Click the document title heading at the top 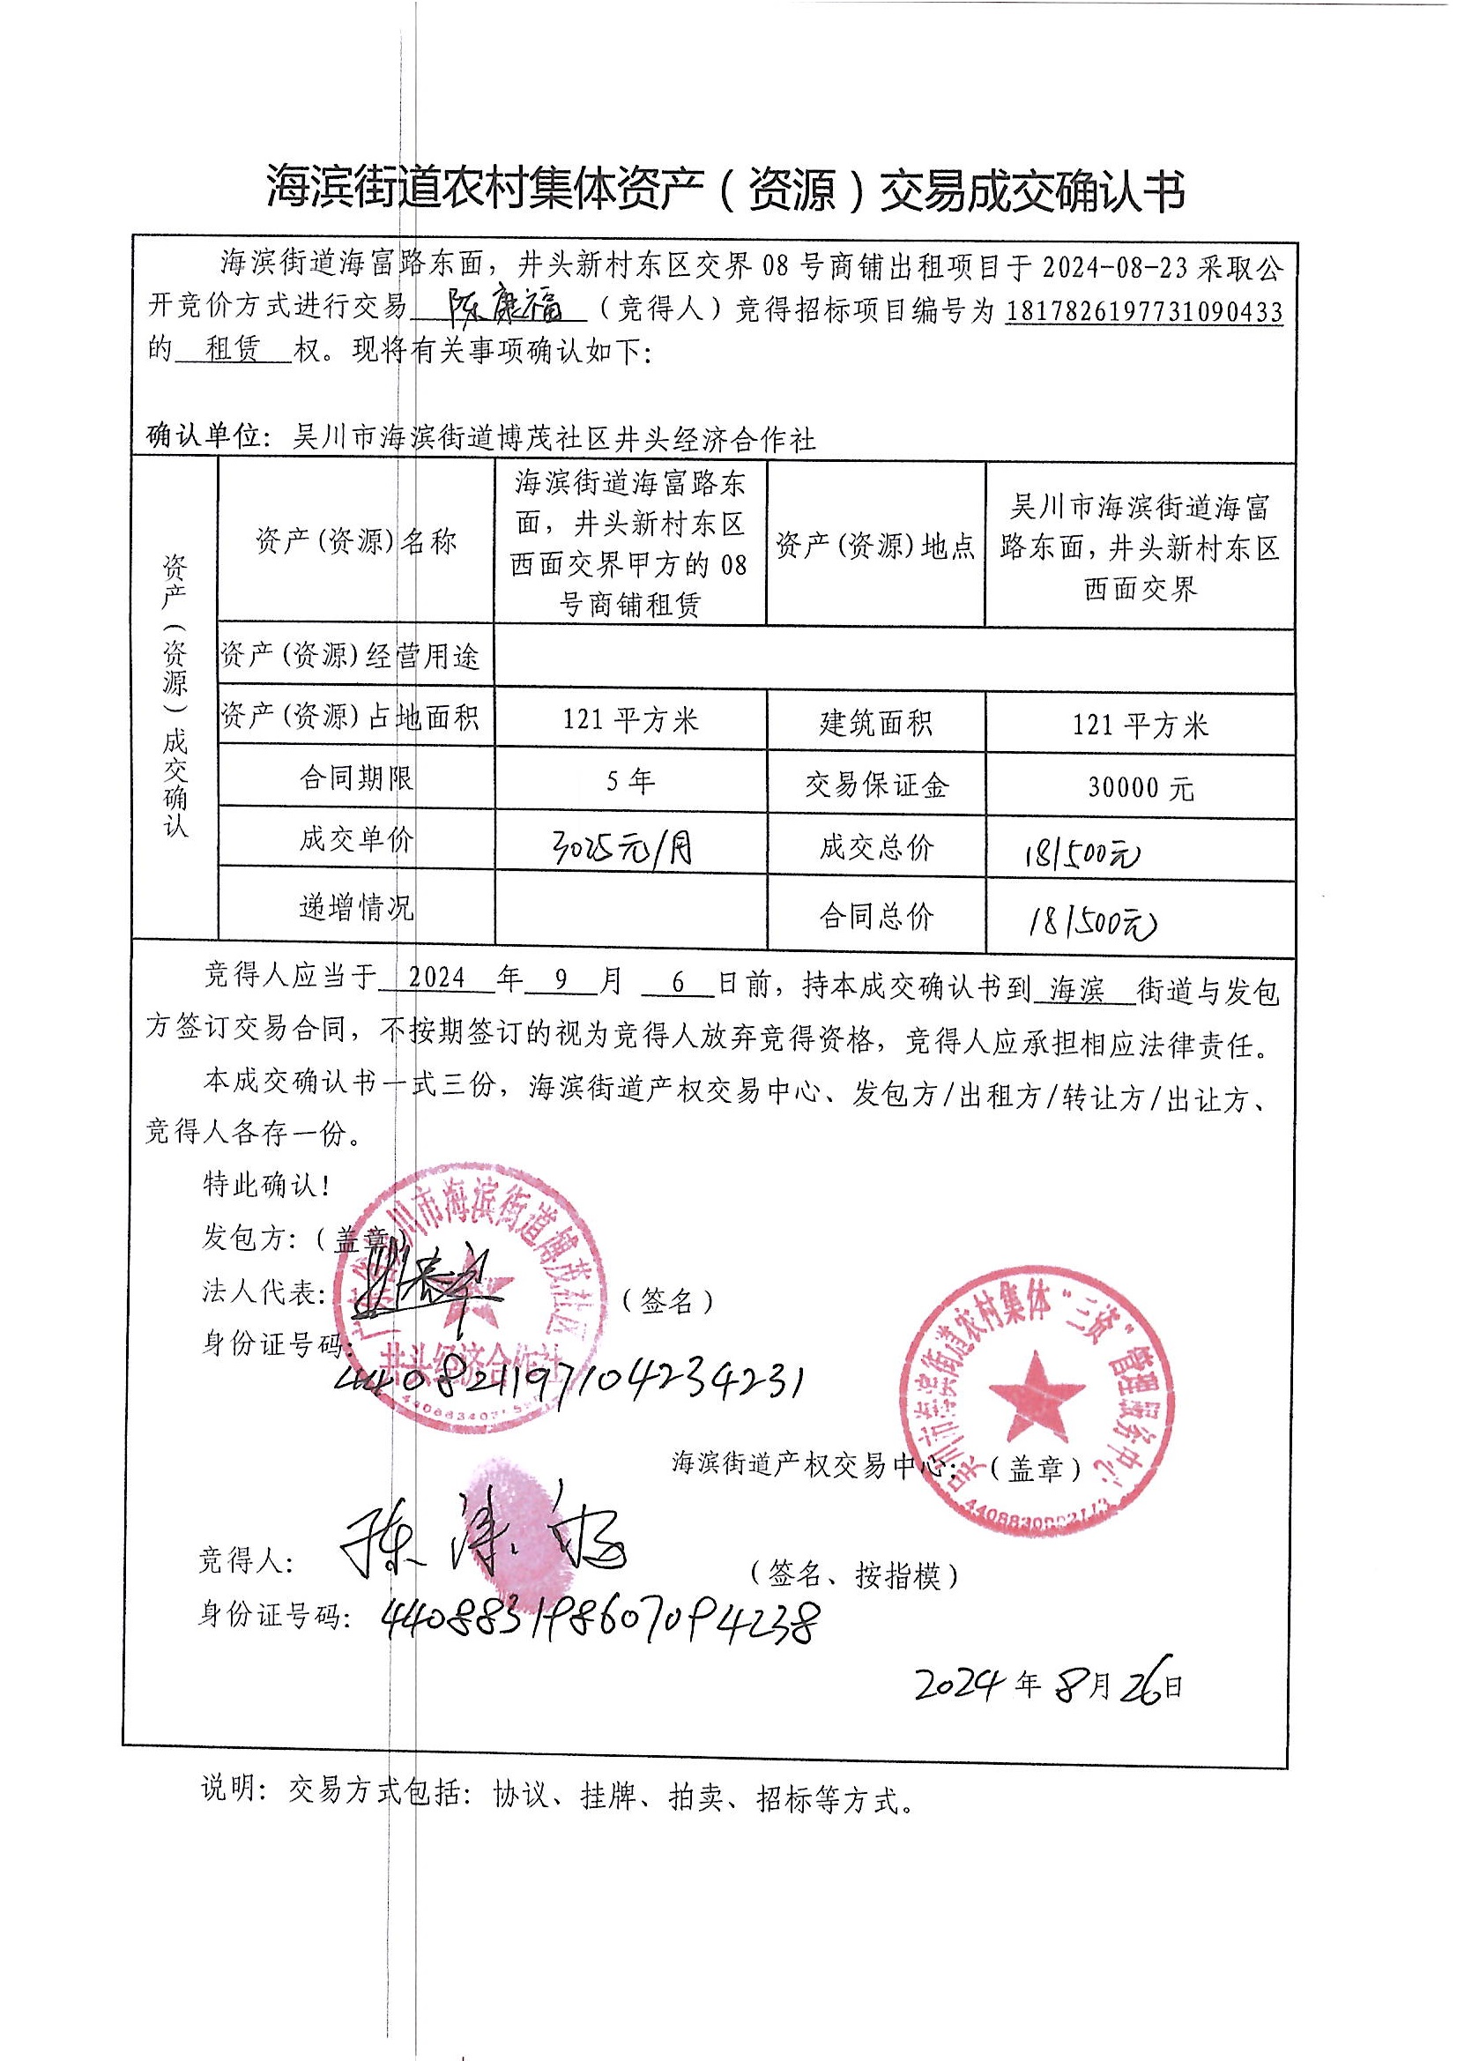(x=725, y=191)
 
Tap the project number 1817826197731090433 (x=1143, y=311)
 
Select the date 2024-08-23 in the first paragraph (x=1113, y=266)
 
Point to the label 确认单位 (x=204, y=438)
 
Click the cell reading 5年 (x=630, y=782)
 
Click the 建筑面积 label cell (x=875, y=724)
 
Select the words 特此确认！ (x=266, y=1186)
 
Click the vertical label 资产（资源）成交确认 (x=175, y=696)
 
